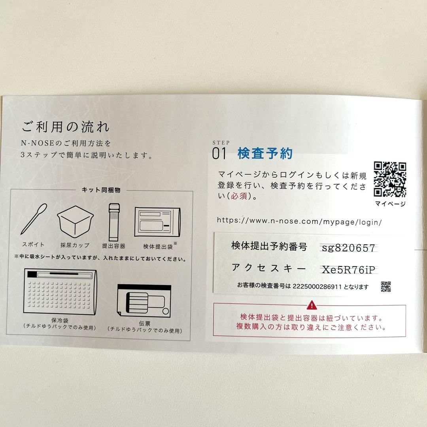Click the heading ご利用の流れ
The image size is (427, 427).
[66, 127]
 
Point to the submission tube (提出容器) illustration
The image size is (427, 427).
[114, 222]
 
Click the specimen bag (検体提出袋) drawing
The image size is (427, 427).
[157, 222]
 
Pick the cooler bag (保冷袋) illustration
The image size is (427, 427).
[60, 292]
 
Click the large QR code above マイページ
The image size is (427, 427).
[390, 179]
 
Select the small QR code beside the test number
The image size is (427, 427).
[385, 287]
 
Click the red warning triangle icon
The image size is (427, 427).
[312, 305]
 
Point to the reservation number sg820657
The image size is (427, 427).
[349, 248]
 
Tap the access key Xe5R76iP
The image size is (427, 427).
[349, 270]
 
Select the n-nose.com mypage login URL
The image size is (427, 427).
[299, 221]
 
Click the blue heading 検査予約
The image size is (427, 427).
[265, 153]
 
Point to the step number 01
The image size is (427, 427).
[219, 153]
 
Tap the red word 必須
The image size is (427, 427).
[239, 196]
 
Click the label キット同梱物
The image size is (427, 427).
[101, 190]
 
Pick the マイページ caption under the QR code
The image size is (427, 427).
[390, 204]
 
